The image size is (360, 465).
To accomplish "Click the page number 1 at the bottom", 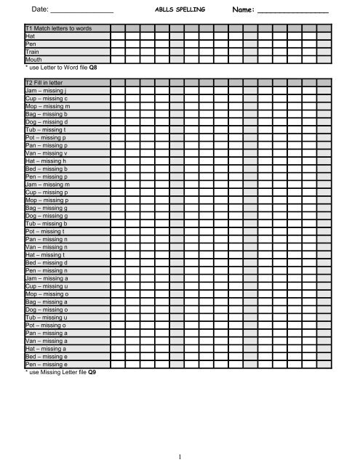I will click(x=178, y=456).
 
